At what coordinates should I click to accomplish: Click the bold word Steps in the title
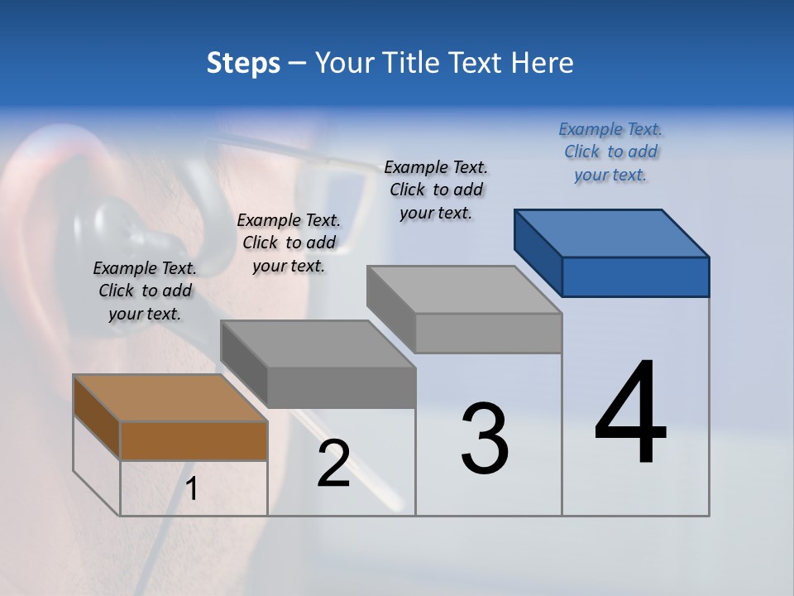click(243, 63)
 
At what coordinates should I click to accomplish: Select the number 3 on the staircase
click(485, 439)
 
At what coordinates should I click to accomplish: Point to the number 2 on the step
click(334, 464)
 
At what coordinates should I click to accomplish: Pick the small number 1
click(192, 489)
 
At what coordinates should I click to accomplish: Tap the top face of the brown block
click(170, 398)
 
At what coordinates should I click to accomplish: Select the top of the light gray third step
click(464, 290)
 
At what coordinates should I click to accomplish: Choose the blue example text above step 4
click(610, 151)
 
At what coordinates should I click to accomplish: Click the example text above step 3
click(436, 190)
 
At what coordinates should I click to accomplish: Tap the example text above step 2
click(289, 243)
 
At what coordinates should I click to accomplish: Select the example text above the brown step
click(145, 291)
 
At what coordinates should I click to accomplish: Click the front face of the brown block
click(194, 440)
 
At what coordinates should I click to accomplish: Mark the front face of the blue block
click(635, 276)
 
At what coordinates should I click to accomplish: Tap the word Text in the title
click(481, 63)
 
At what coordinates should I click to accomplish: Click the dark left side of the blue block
click(538, 250)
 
